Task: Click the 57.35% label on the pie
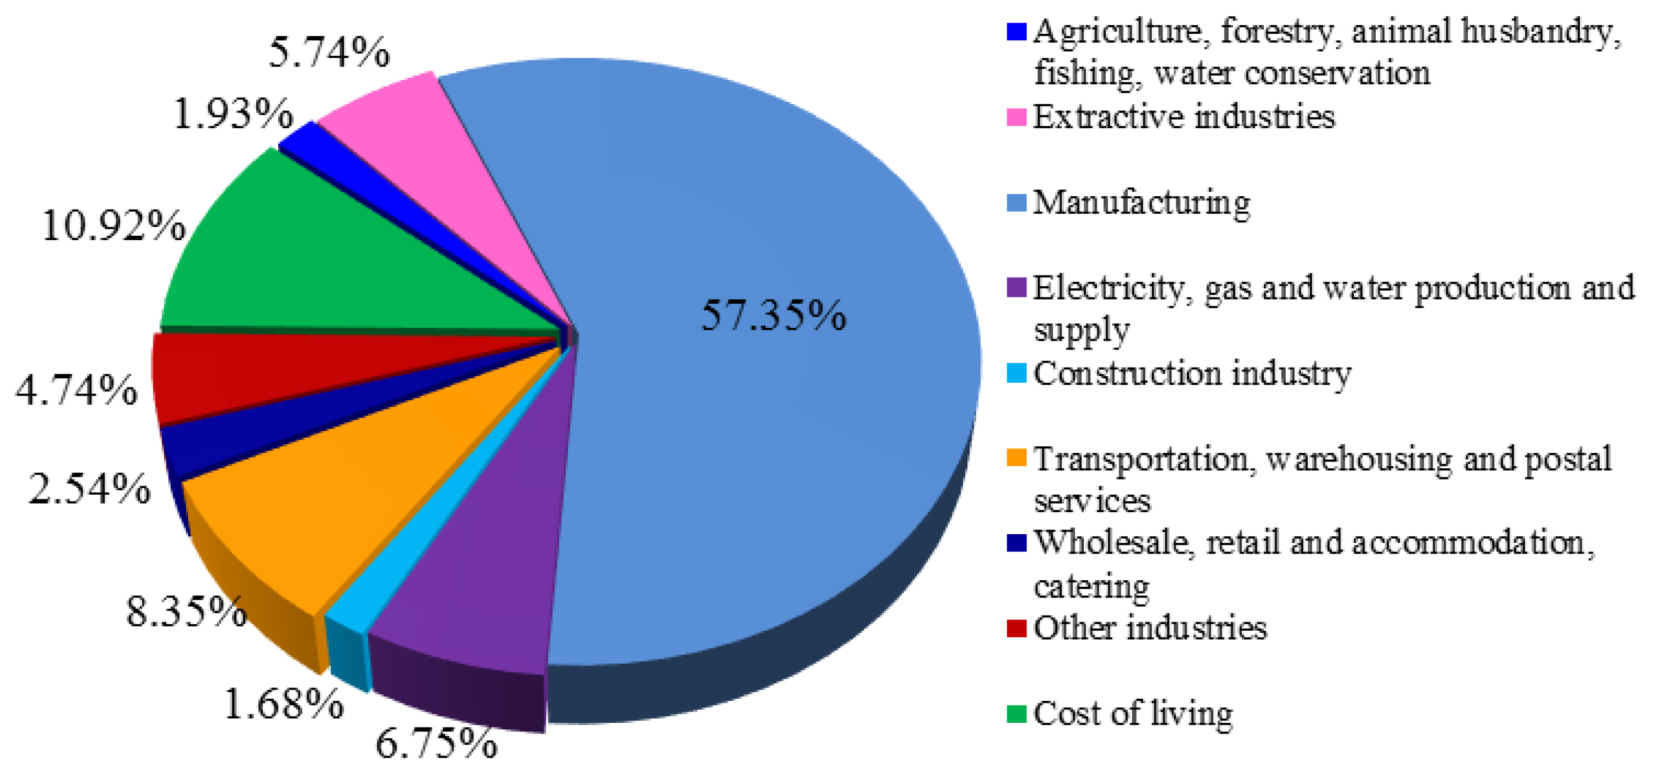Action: pos(773,316)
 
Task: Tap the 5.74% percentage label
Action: pos(329,53)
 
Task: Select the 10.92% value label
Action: pos(114,226)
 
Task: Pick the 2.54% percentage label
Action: pos(90,489)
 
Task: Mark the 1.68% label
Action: pos(284,704)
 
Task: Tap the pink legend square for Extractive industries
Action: pos(1016,118)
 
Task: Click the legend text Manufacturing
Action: pos(1142,203)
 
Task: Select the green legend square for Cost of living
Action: pos(1016,713)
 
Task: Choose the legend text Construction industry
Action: pos(1192,374)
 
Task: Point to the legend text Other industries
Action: pos(1150,628)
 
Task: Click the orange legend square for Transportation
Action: pos(1016,457)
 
